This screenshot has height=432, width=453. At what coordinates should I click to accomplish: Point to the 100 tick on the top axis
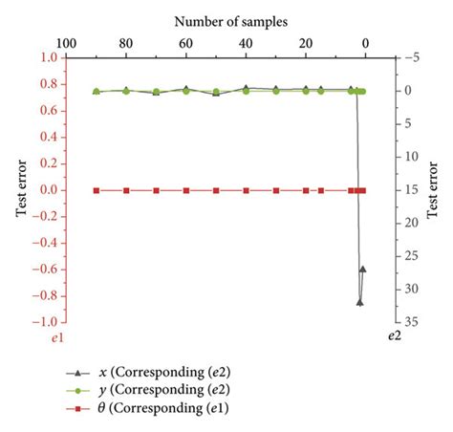click(x=67, y=43)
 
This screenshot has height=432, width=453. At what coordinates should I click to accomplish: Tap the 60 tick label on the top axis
click(x=186, y=43)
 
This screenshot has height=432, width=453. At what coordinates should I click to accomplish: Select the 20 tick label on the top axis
click(x=306, y=43)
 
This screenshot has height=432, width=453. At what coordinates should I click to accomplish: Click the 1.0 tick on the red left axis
click(x=49, y=57)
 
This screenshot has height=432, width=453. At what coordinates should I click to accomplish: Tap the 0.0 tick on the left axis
click(x=49, y=190)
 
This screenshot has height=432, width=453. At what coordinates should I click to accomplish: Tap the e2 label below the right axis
click(x=394, y=338)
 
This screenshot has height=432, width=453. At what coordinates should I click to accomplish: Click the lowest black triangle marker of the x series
click(x=359, y=302)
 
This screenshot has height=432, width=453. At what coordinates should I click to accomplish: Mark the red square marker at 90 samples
click(x=97, y=190)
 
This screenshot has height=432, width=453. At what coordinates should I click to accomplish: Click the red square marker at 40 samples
click(x=247, y=190)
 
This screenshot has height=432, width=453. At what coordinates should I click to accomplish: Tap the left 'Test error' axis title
click(x=20, y=190)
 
